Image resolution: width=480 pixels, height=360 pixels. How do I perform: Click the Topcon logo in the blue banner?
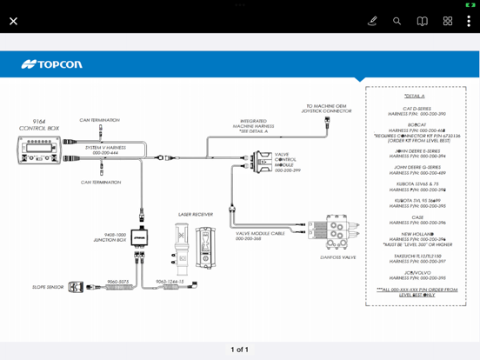51,64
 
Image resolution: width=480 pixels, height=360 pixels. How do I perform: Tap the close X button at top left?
13,21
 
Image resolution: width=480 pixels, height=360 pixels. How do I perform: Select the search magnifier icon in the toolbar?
397,21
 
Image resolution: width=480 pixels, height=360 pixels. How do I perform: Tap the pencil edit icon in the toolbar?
372,21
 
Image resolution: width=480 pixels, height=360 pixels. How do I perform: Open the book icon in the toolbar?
422,21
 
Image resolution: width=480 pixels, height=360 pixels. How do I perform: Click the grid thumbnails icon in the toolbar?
447,21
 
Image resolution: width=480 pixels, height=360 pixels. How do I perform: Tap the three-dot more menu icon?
469,21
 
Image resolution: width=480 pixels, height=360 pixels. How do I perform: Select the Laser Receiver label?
196,213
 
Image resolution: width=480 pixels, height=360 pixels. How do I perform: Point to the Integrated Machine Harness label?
258,125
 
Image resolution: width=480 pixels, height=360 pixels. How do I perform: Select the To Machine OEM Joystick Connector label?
328,109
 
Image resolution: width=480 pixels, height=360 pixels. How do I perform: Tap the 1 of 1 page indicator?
239,350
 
